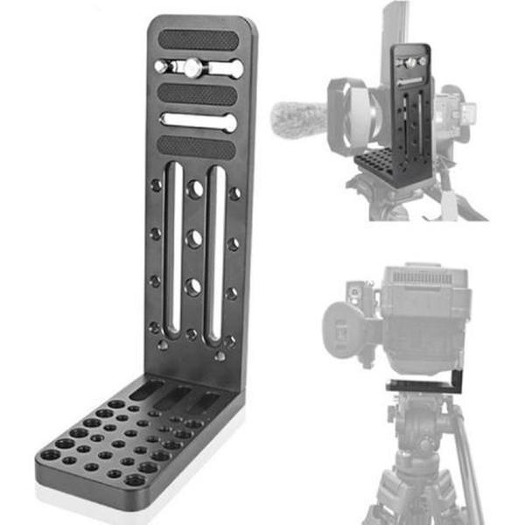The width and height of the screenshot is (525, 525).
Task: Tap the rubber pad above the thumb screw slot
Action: [x=198, y=40]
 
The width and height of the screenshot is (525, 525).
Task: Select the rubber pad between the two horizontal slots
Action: [x=198, y=94]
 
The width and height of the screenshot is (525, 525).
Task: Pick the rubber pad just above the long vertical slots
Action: [x=198, y=146]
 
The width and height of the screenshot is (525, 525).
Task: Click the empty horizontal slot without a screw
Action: [x=198, y=121]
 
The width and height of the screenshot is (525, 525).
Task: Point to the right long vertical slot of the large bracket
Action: [x=214, y=254]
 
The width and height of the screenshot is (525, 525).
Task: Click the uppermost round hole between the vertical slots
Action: [x=194, y=188]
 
